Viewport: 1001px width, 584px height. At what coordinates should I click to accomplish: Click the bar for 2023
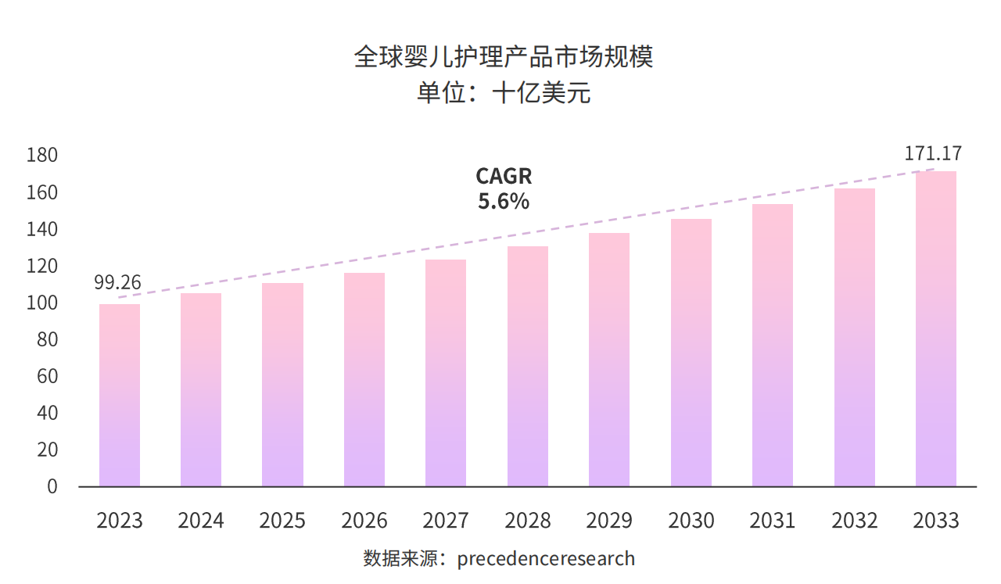120,395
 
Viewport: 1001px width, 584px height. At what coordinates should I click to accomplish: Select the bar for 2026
364,379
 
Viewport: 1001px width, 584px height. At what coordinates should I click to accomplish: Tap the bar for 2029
609,360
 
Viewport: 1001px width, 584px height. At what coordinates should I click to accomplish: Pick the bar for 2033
935,328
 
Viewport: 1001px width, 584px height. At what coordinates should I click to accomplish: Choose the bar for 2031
773,345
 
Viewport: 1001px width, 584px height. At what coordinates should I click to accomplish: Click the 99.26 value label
117,283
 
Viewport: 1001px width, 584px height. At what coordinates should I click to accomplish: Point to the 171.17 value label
933,154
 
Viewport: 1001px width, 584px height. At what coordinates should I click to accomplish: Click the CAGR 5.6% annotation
504,189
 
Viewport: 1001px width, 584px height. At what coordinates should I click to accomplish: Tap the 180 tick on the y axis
42,156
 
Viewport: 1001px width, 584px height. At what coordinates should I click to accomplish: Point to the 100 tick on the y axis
42,303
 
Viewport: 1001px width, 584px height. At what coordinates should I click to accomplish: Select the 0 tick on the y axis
52,486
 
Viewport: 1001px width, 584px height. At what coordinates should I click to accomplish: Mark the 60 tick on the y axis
47,376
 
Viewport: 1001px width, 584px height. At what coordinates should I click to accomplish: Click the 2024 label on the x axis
201,521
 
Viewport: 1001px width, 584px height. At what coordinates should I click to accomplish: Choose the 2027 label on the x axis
446,521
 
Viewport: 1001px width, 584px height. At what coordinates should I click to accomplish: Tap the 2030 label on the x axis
691,521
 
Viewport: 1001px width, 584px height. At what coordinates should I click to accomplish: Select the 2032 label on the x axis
854,521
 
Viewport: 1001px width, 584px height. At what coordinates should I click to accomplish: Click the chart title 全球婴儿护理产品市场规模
503,58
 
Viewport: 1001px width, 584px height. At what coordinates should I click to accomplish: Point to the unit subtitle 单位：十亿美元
503,94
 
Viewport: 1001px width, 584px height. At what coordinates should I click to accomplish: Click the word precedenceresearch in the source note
546,559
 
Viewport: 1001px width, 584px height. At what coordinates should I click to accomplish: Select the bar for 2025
282,385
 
